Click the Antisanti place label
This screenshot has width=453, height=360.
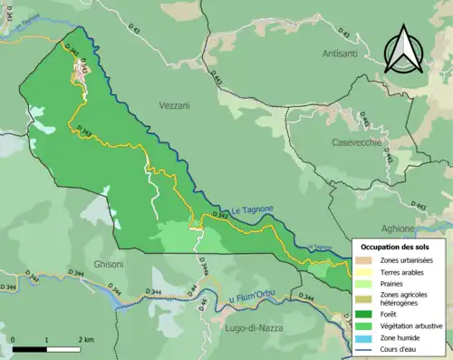coord(341,55)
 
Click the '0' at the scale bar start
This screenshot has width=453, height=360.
coord(14,338)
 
